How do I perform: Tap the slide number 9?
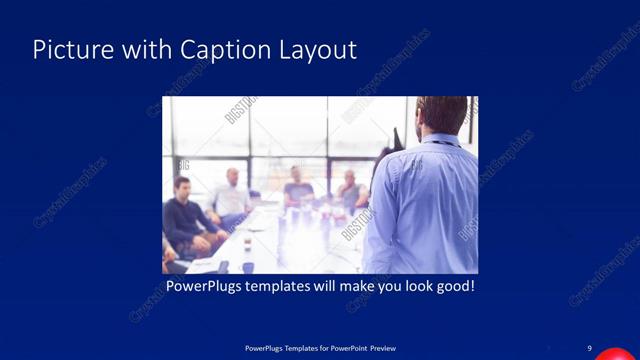click(589, 347)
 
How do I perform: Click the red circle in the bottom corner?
click(612, 354)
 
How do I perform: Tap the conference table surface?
click(270, 245)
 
